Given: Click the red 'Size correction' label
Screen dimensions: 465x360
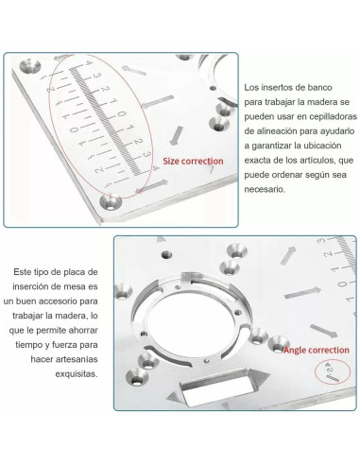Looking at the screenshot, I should (193, 161).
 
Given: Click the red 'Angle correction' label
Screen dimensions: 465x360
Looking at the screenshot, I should (316, 350).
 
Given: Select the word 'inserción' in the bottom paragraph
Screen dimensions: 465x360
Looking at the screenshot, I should (41, 287).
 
